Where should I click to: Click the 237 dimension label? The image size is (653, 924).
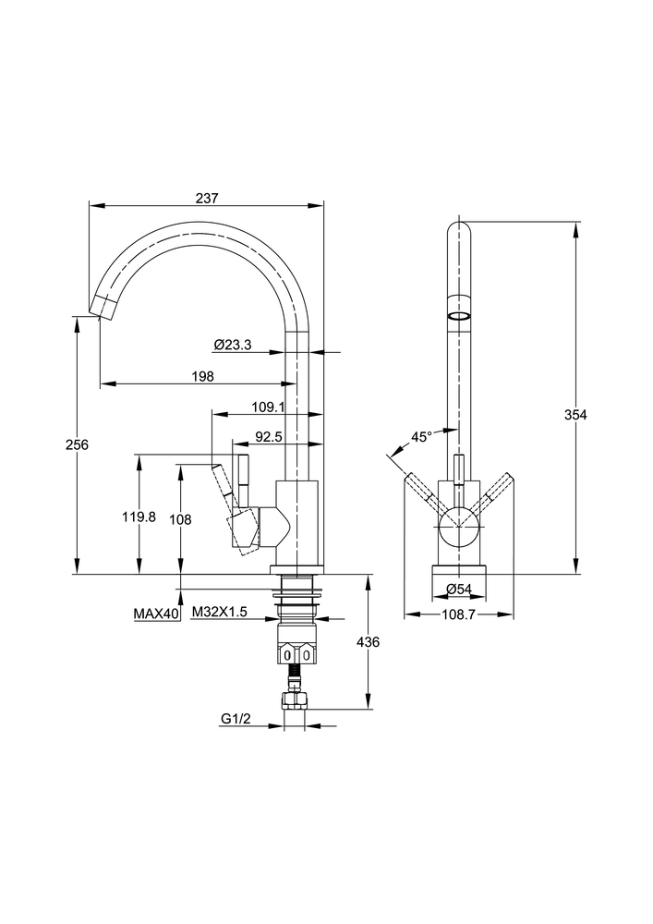207,199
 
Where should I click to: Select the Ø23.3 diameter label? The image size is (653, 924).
233,346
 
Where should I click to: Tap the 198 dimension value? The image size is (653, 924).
203,376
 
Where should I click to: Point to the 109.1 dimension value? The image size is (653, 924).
269,407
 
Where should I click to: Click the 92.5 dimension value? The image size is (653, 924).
269,437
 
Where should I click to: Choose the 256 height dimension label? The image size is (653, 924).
77,444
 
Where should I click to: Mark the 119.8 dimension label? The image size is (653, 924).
139,517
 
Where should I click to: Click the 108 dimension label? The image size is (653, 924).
180,519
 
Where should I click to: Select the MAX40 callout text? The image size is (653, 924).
156,614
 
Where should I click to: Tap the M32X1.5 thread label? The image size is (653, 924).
220,613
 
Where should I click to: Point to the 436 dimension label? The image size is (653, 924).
369,642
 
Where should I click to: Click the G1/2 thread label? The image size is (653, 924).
236,719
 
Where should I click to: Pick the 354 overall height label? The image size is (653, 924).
575,415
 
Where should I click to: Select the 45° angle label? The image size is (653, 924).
421,437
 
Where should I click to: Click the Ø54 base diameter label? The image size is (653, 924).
459,588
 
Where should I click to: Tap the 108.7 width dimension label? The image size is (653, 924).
459,614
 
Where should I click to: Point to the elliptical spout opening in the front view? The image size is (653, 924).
459,316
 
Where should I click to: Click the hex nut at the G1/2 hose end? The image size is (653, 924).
295,701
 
